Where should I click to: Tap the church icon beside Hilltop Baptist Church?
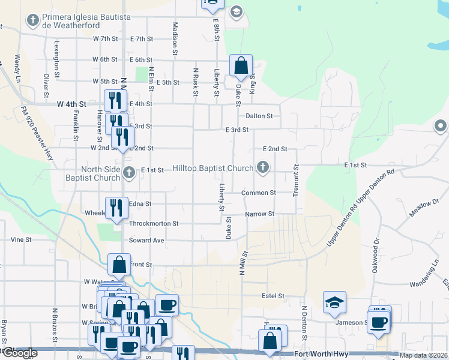(x=262, y=167)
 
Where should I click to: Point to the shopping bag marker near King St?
(x=241, y=65)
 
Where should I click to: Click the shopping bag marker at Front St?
(x=119, y=264)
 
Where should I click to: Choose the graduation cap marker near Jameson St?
(x=334, y=302)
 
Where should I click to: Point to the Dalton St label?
(x=259, y=116)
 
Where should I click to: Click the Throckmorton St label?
(x=154, y=223)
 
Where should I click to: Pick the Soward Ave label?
(x=146, y=241)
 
